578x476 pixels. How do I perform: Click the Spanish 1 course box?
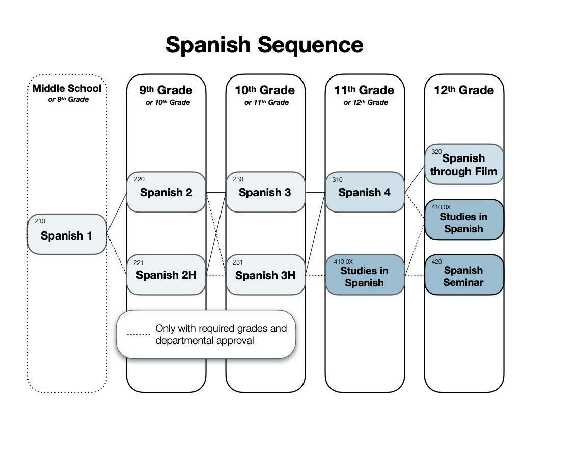click(x=67, y=234)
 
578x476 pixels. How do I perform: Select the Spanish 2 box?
click(x=166, y=192)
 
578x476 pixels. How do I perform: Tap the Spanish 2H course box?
click(x=166, y=275)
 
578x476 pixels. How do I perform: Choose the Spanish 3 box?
click(x=265, y=192)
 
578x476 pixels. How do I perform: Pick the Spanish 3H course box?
click(x=265, y=275)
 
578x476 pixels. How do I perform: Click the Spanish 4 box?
click(x=365, y=192)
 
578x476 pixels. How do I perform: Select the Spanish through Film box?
click(x=464, y=165)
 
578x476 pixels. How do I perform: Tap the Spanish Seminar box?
click(x=464, y=276)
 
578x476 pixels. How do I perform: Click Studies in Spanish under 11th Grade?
click(x=365, y=276)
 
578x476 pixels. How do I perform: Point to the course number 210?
click(x=40, y=221)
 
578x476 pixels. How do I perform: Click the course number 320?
click(x=436, y=152)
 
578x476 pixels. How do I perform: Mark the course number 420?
click(x=436, y=262)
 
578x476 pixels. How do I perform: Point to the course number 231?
click(x=238, y=262)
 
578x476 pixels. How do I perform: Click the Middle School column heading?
click(x=67, y=88)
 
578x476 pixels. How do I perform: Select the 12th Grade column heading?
click(x=464, y=90)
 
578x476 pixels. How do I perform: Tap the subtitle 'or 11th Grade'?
click(x=266, y=102)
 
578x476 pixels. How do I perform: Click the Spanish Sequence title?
click(x=264, y=45)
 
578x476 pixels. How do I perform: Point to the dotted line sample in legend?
click(x=138, y=335)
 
